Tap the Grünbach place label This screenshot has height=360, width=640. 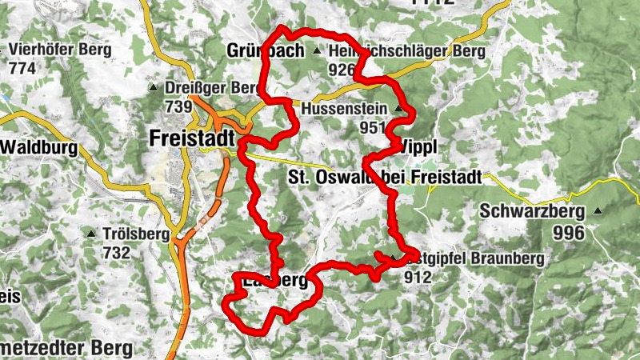tap(266, 51)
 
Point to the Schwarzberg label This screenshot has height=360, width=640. tap(534, 212)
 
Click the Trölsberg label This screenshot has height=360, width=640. tap(136, 234)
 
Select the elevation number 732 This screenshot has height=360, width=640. tap(116, 253)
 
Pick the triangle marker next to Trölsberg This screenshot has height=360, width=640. tap(92, 234)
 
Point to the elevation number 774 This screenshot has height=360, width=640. tap(22, 69)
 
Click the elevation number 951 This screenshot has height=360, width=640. tap(373, 127)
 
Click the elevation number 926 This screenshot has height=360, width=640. tap(341, 70)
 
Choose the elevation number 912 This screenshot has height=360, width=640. tap(418, 278)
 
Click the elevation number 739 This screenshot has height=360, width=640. tap(178, 106)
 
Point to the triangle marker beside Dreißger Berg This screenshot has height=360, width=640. tap(153, 87)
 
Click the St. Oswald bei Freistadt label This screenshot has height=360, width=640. tap(384, 177)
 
